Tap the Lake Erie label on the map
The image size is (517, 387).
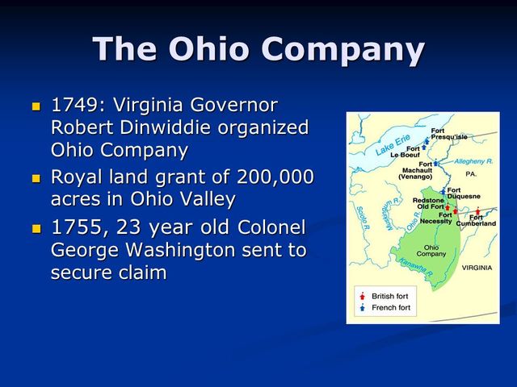[x=393, y=145]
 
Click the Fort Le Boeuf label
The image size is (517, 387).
[x=405, y=152]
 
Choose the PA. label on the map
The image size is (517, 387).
[x=471, y=173]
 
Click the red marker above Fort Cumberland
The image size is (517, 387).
[x=478, y=211]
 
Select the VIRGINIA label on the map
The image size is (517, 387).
[x=477, y=267]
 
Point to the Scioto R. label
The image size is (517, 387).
[x=361, y=215]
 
